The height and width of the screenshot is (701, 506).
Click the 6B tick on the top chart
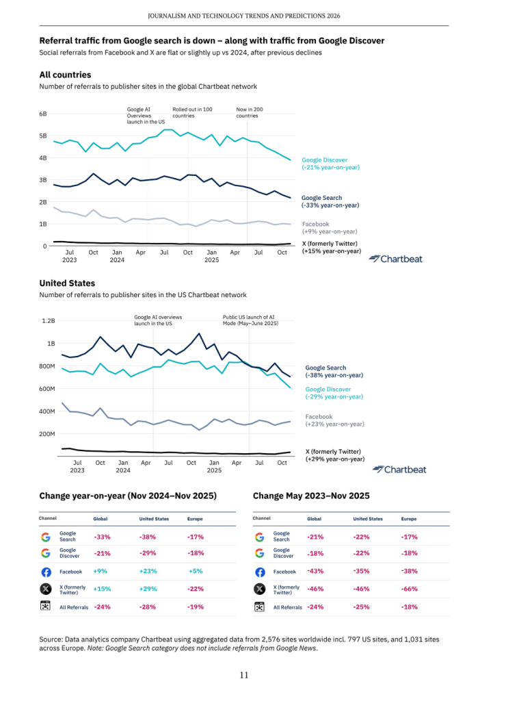tap(42, 114)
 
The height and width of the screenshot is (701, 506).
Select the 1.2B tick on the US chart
tap(48, 320)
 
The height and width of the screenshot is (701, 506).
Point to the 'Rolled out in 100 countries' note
tap(191, 112)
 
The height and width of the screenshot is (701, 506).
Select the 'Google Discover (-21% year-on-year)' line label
tap(330, 164)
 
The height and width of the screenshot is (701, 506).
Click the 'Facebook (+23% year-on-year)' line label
tap(334, 420)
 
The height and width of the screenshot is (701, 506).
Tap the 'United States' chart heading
tap(67, 283)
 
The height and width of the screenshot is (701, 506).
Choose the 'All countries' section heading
tap(65, 75)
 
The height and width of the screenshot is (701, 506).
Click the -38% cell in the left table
tap(147, 537)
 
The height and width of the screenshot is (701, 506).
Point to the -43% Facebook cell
tap(315, 571)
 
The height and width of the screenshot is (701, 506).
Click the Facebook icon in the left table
tap(46, 571)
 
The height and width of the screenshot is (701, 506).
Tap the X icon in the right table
tap(259, 589)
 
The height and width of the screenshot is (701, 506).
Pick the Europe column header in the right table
tap(408, 519)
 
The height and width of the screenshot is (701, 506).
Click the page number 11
tap(244, 675)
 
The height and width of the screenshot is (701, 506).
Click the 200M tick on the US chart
tap(46, 434)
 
